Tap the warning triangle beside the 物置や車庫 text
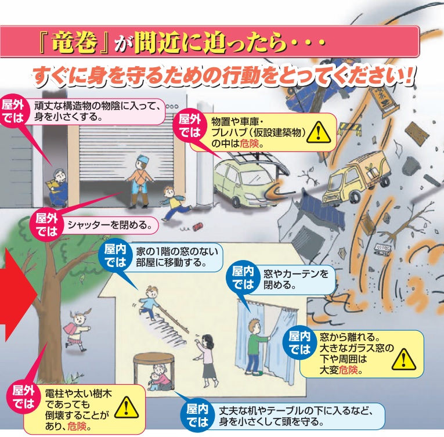click(317, 132)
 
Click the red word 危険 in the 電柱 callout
click(79, 425)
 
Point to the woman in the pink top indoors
click(206, 354)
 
